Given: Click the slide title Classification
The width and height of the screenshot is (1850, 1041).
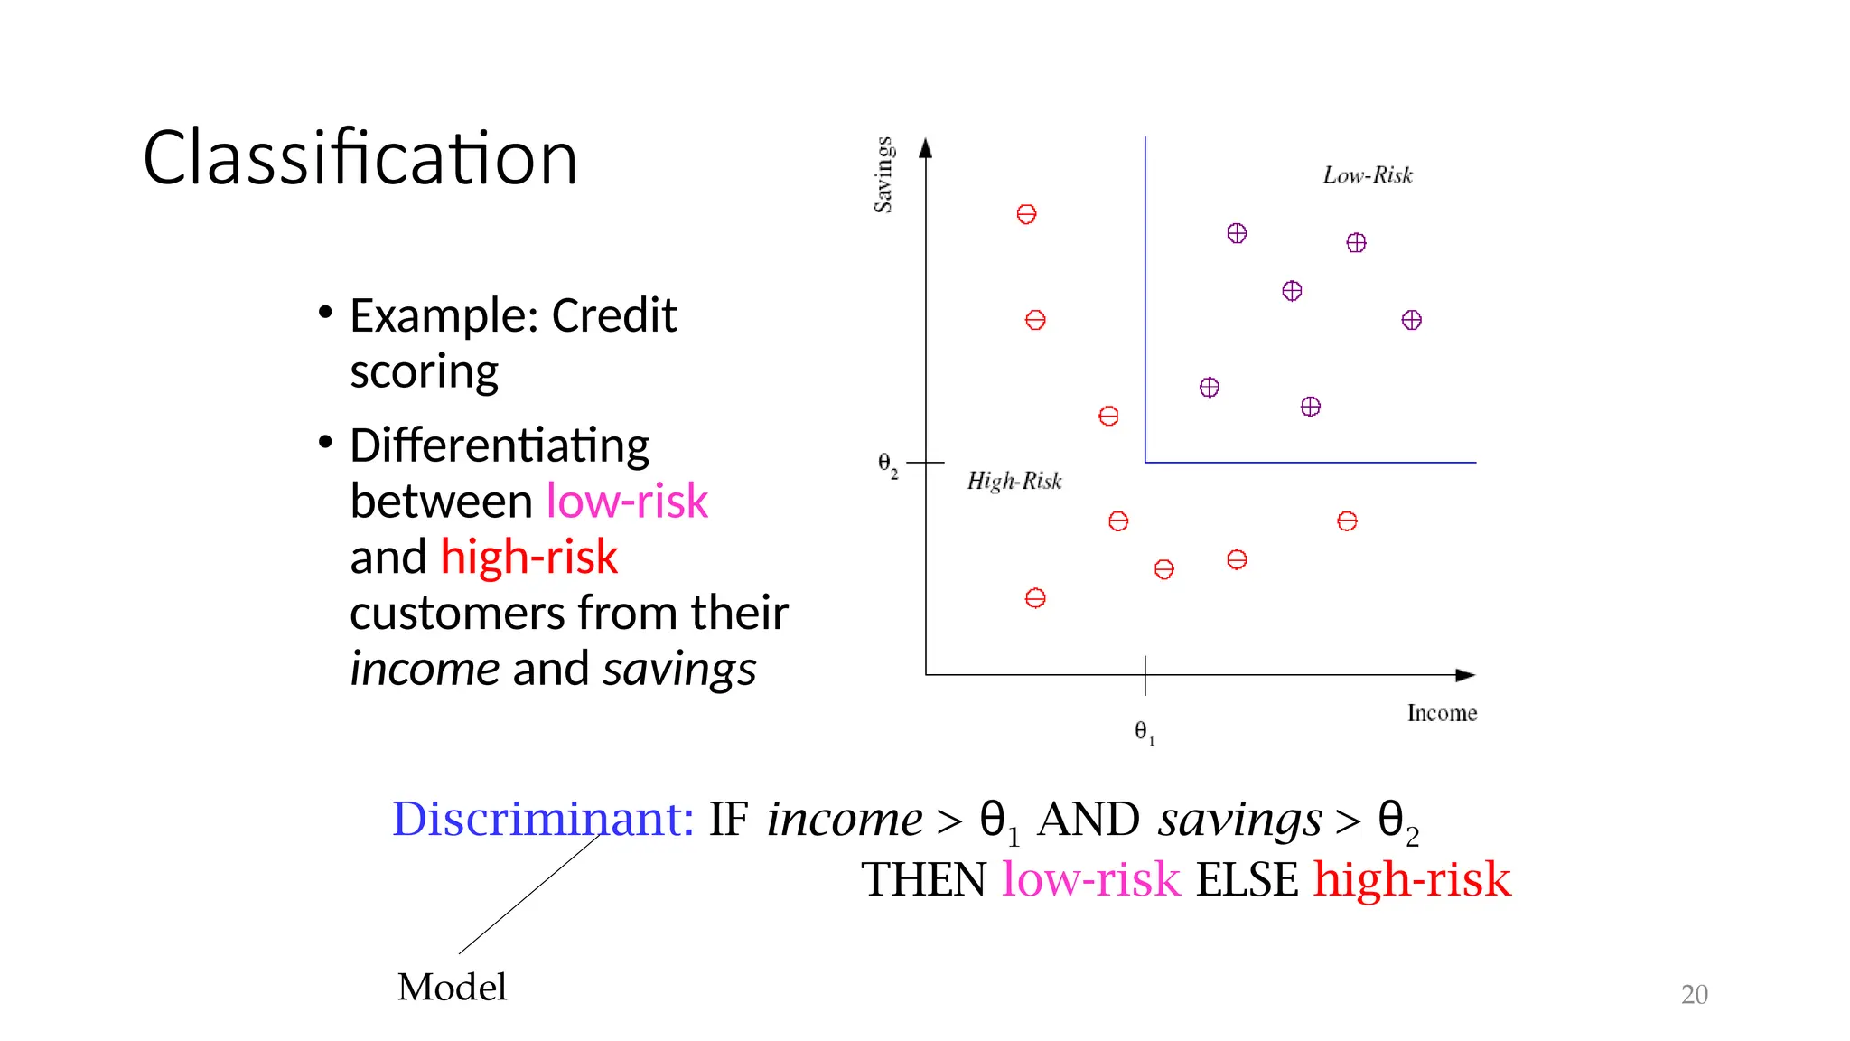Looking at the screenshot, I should point(360,158).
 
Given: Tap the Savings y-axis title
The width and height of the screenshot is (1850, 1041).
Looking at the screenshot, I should point(883,175).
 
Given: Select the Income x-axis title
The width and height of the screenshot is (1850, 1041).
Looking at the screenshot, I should point(1442,713).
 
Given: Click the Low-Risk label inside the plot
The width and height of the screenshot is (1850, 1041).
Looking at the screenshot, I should point(1367,175).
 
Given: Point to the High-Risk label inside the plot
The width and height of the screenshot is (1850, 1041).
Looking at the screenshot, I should point(1014,481).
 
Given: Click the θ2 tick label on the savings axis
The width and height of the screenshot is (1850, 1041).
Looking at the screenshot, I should point(887,464).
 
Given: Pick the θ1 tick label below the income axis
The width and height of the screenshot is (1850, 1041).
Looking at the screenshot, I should point(1144,732).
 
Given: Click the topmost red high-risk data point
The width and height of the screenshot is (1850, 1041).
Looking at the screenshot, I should point(1026,214).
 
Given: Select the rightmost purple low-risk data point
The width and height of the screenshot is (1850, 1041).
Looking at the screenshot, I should point(1411,320).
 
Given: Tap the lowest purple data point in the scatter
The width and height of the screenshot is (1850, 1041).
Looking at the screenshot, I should point(1310,407).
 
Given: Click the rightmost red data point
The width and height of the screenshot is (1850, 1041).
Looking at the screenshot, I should point(1347,521).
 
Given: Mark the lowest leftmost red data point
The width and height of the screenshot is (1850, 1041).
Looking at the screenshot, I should point(1035,598).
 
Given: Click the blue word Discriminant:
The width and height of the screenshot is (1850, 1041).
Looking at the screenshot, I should point(543,819).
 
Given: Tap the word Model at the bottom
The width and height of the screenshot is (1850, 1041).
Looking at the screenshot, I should point(452,987).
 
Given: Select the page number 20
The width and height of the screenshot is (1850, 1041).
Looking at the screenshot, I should point(1694,994).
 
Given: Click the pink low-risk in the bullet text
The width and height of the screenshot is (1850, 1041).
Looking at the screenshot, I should point(627,501).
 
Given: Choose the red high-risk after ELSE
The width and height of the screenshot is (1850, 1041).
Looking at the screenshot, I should point(1412,879).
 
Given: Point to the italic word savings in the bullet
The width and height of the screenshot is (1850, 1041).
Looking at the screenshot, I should point(679,670).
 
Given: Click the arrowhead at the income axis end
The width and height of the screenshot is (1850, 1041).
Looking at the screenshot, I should point(1466,675).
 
